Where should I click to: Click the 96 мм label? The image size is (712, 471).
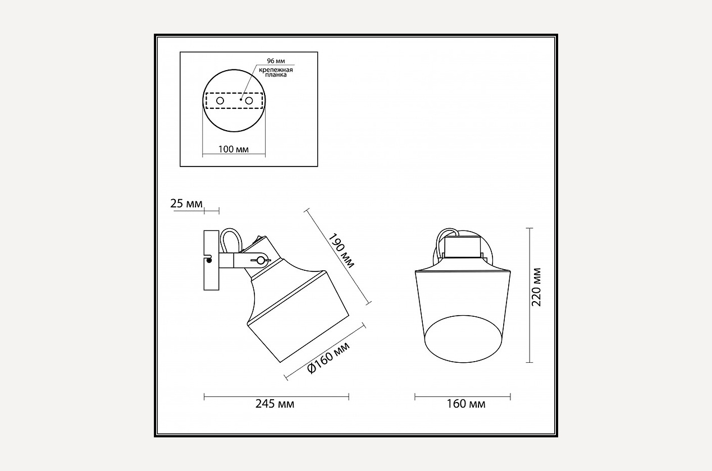(276, 61)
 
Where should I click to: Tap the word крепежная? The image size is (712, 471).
(276, 70)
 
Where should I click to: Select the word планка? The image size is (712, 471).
(276, 75)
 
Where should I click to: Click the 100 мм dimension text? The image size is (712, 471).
(234, 149)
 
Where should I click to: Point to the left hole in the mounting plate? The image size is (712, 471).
(220, 101)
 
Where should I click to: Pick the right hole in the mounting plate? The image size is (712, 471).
(249, 100)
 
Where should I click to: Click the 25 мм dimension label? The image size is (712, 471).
(186, 204)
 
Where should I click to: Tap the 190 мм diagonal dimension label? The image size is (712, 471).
(341, 251)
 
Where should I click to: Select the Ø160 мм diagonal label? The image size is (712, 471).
(328, 358)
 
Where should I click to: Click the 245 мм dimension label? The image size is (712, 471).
(275, 404)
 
